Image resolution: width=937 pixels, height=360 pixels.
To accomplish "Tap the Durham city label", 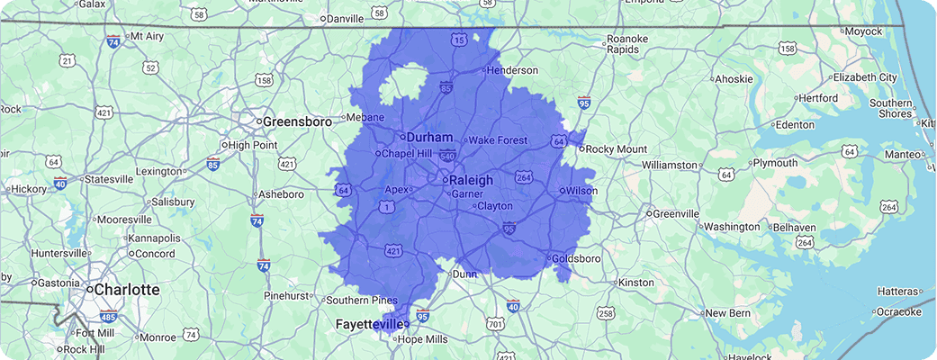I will pos(429,137).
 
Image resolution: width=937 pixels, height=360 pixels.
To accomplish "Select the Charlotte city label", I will pos(127,290).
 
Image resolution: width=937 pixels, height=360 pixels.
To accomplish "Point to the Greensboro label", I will pos(292,121).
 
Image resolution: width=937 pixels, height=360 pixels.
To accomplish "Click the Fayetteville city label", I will pos(369,323).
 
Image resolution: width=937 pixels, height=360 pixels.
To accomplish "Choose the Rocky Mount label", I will pos(617,148).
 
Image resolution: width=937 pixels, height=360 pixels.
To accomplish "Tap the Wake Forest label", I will pos(498,140).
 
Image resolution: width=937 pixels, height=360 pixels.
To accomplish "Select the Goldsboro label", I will pos(576,258).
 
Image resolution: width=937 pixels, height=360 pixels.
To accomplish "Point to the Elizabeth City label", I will pos(865,77).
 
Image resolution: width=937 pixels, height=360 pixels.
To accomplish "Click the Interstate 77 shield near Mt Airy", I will pos(113,41).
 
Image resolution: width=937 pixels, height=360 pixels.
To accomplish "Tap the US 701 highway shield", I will pos(494,323).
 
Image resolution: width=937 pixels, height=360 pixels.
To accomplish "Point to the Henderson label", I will pos(514,70).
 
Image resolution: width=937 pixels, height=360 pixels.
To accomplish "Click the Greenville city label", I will pos(676,213).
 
